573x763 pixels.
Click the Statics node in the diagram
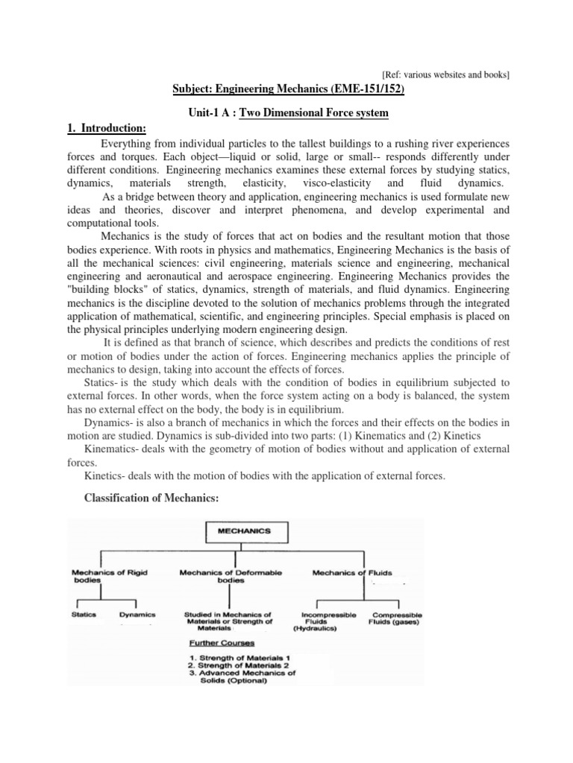pyautogui.click(x=84, y=615)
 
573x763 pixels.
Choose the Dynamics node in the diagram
pyautogui.click(x=137, y=615)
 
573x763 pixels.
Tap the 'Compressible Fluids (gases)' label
pyautogui.click(x=396, y=618)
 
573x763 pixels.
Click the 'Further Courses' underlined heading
pyautogui.click(x=222, y=642)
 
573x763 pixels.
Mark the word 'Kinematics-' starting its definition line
pyautogui.click(x=111, y=449)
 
